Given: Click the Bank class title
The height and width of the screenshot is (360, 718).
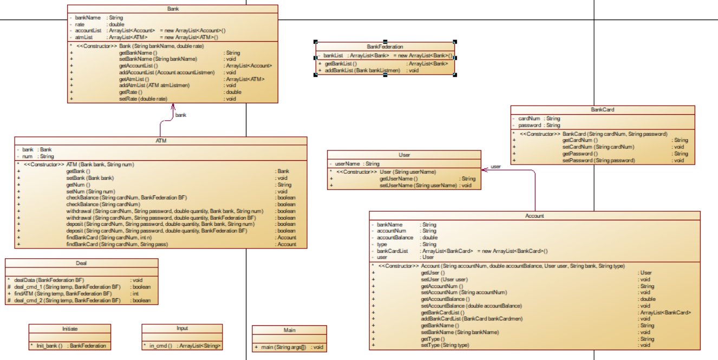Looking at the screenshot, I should tap(173, 9).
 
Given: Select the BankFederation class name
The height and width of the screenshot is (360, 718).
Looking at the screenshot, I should tap(385, 47).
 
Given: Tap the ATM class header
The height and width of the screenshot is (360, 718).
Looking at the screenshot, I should tap(160, 141).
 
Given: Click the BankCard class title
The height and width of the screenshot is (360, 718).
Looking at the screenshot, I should tap(602, 109).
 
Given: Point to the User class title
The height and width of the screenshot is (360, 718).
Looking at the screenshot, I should tap(404, 155).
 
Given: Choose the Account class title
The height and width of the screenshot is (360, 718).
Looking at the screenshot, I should tap(534, 215).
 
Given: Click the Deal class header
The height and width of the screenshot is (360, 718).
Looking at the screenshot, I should tap(82, 263).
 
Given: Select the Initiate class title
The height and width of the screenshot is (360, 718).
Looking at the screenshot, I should tap(70, 329).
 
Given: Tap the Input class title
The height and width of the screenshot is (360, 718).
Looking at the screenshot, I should tap(182, 329).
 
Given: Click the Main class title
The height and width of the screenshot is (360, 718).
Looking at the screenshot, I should tap(290, 330).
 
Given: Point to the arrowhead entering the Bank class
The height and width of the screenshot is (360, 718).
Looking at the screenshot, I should tap(173, 106).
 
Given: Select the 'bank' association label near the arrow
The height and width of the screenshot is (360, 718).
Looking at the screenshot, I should tap(181, 115).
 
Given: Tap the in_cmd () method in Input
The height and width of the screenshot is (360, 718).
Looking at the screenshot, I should tap(161, 345).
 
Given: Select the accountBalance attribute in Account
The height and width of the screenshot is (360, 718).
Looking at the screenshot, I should tap(395, 238).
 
